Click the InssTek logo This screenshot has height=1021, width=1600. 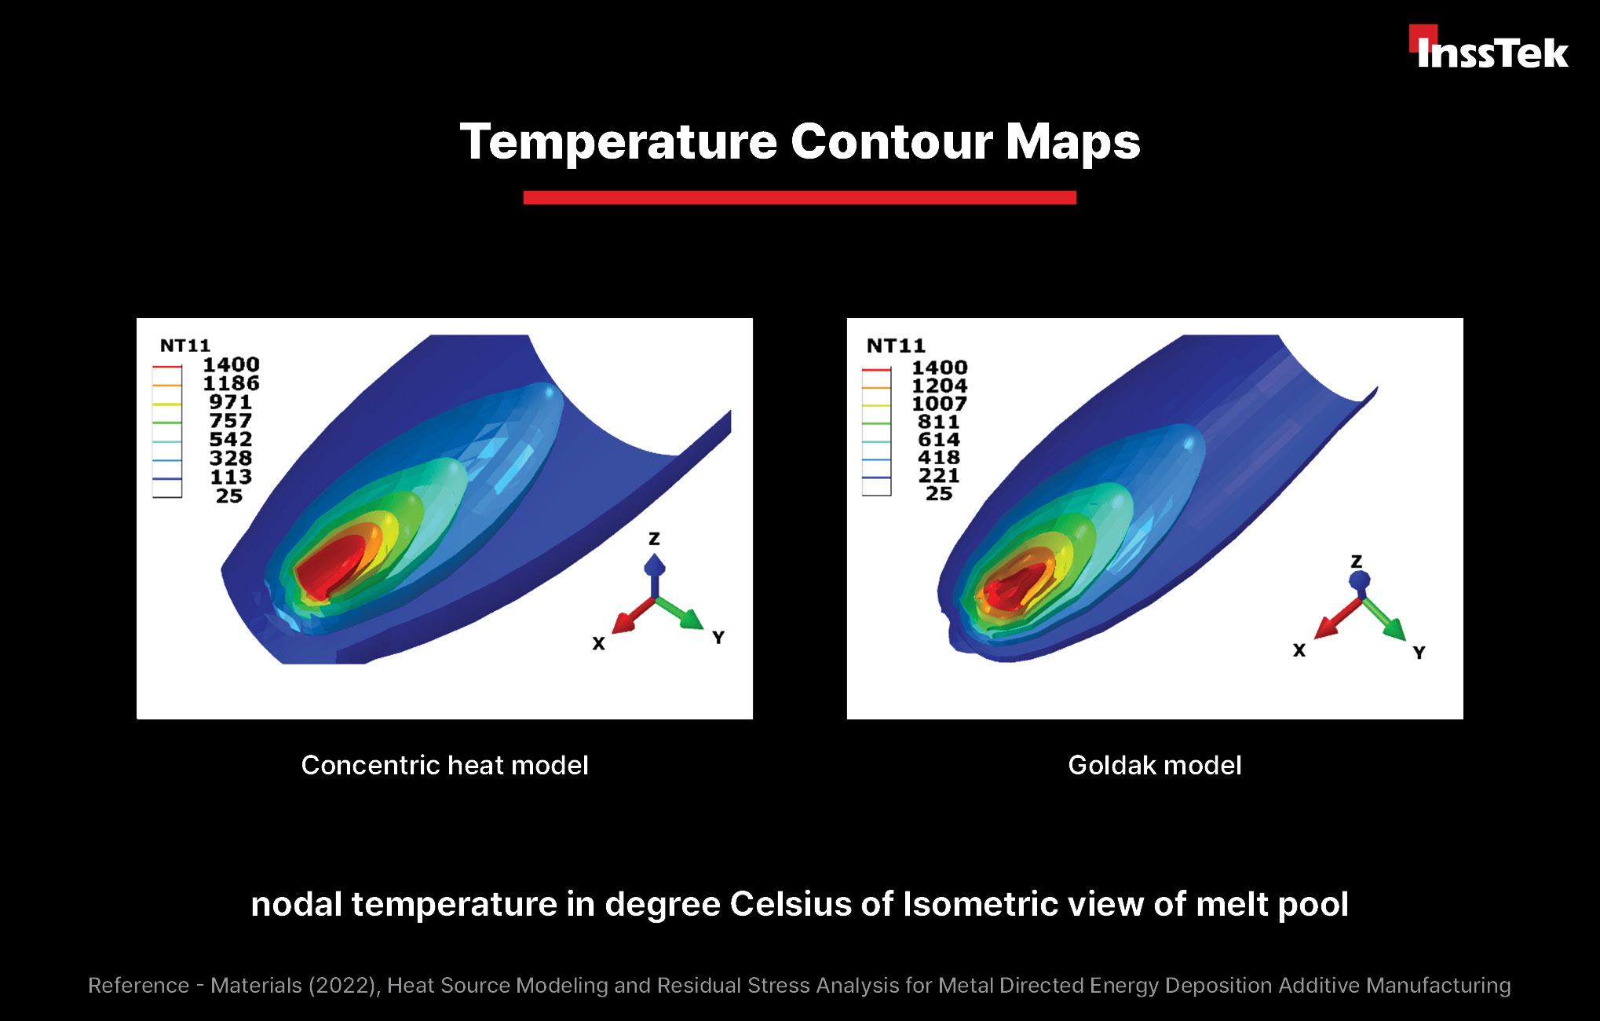point(1489,48)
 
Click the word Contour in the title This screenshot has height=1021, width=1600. point(891,142)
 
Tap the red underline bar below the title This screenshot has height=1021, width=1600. point(799,198)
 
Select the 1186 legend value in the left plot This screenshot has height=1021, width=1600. point(231,383)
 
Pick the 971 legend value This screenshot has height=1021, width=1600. point(230,402)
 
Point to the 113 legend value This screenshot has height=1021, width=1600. point(231,477)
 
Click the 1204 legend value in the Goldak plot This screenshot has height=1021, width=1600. point(939,386)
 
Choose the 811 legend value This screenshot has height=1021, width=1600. point(939,422)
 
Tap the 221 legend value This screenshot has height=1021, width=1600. point(939,475)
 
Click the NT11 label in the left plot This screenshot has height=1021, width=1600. point(185,346)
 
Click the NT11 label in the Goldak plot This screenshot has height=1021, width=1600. point(896,346)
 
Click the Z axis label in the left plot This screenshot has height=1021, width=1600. point(654,539)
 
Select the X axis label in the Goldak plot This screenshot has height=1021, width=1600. point(1299,650)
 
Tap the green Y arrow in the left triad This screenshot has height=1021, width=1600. point(680,613)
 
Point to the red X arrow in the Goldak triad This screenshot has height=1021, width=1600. point(1339,619)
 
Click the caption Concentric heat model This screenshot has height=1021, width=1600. point(444,765)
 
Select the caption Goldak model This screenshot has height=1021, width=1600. point(1155,765)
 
